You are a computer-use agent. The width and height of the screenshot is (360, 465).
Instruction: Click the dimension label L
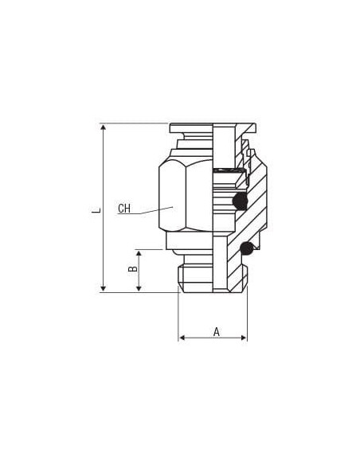(96, 210)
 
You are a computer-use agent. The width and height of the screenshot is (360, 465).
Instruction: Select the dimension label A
(217, 331)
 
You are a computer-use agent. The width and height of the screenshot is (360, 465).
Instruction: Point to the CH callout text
(124, 209)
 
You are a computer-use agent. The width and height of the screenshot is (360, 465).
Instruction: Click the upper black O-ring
(240, 201)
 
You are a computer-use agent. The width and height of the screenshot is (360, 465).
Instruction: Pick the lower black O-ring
(247, 248)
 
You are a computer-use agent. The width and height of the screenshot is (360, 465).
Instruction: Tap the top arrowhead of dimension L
(104, 127)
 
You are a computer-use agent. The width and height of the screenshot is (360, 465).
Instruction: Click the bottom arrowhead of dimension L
(104, 288)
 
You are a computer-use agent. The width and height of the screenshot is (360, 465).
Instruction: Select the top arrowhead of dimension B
(139, 253)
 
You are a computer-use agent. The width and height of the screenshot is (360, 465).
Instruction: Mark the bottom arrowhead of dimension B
(139, 288)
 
